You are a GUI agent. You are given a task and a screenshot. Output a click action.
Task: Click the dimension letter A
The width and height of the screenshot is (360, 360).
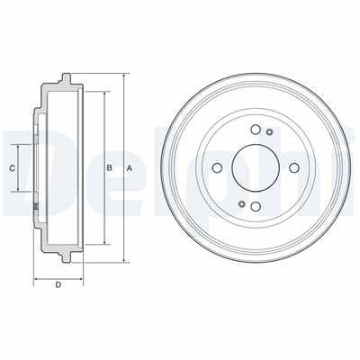pyautogui.click(x=130, y=168)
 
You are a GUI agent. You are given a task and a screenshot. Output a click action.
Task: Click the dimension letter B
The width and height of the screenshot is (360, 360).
pyautogui.click(x=110, y=168)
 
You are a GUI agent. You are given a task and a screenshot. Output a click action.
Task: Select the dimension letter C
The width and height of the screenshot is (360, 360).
pyautogui.click(x=12, y=168)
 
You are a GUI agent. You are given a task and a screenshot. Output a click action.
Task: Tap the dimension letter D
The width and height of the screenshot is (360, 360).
pyautogui.click(x=58, y=284)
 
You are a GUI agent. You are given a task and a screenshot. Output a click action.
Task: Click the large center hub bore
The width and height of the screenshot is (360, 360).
pyautogui.click(x=256, y=168)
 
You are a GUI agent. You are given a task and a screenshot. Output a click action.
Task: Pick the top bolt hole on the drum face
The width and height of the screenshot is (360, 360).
pyautogui.click(x=256, y=130)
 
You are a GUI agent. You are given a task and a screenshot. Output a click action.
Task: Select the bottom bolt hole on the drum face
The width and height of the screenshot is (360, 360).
pyautogui.click(x=256, y=206)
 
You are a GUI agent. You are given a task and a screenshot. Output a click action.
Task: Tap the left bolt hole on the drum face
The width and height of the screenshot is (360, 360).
pyautogui.click(x=217, y=168)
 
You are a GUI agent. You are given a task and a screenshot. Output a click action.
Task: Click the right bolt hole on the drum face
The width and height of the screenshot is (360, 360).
pyautogui.click(x=294, y=168)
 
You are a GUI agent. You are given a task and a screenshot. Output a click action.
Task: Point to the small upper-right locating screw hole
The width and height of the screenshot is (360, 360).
pyautogui.click(x=269, y=132)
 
